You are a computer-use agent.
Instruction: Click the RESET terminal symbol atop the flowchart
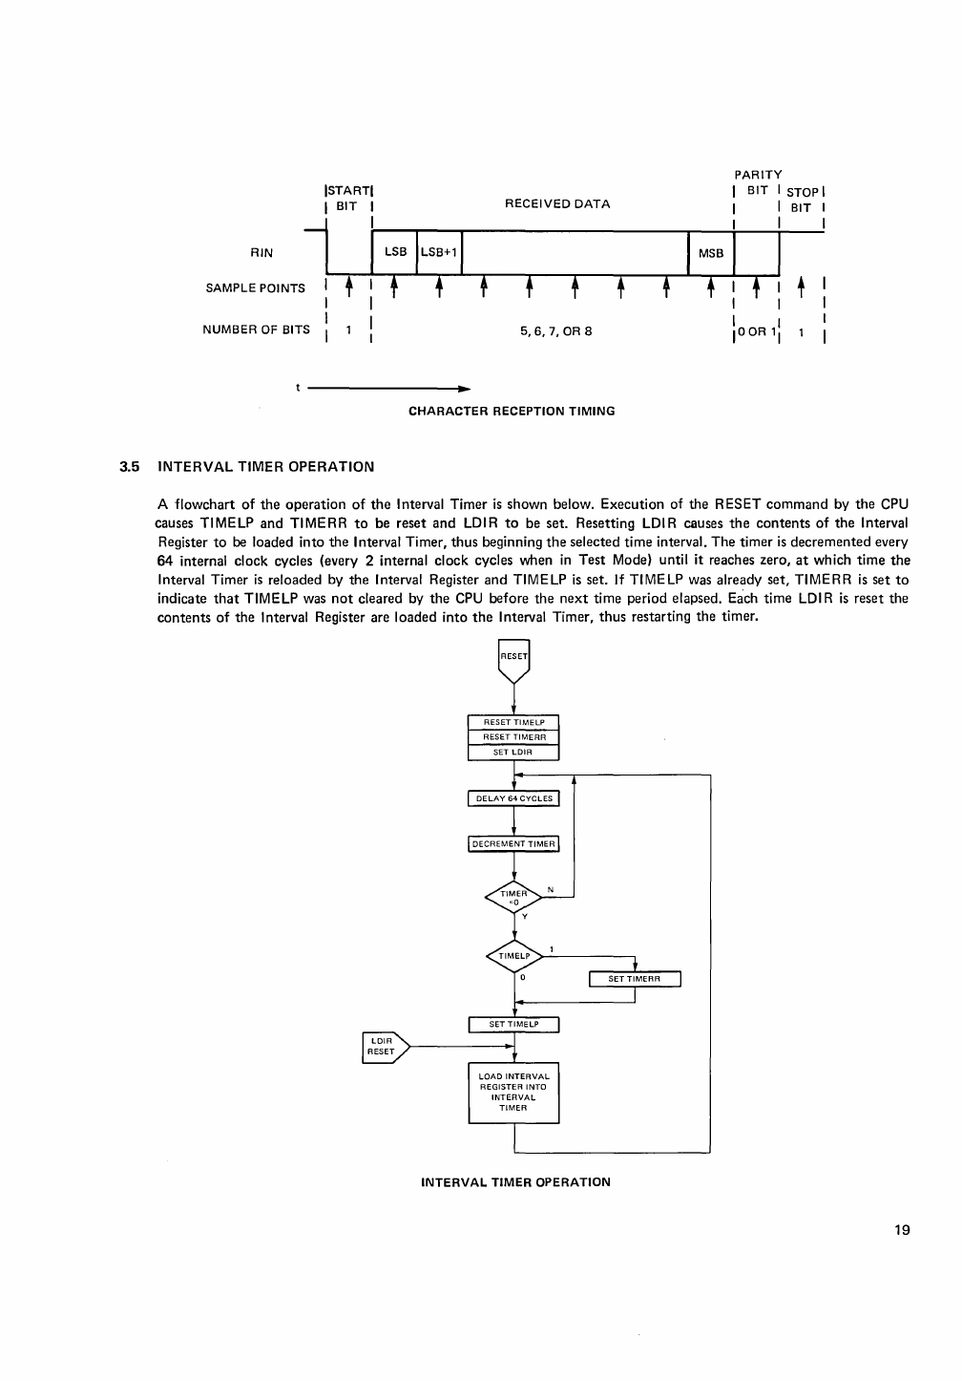pyautogui.click(x=513, y=658)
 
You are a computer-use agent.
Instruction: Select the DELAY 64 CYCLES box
pyautogui.click(x=513, y=798)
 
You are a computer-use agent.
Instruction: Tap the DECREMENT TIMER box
pyautogui.click(x=513, y=843)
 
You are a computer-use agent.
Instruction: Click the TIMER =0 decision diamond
pyautogui.click(x=513, y=897)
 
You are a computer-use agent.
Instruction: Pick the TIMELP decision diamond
pyautogui.click(x=513, y=955)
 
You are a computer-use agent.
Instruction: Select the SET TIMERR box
pyautogui.click(x=635, y=979)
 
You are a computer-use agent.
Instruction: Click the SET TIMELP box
pyautogui.click(x=513, y=1025)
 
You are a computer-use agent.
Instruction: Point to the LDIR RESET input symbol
pyautogui.click(x=385, y=1047)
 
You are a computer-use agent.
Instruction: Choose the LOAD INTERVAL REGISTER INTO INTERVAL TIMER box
pyautogui.click(x=513, y=1092)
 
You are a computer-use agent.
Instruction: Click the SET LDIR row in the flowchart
pyautogui.click(x=513, y=752)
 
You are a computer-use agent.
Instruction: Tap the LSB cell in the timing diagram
pyautogui.click(x=395, y=253)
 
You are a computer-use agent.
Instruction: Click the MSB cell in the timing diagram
pyautogui.click(x=711, y=253)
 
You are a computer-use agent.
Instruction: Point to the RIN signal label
pyautogui.click(x=261, y=253)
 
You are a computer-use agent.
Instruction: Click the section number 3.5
pyautogui.click(x=130, y=467)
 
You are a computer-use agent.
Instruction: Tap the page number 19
pyautogui.click(x=903, y=1230)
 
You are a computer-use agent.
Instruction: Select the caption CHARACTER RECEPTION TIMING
pyautogui.click(x=512, y=412)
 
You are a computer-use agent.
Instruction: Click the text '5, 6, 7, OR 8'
pyautogui.click(x=556, y=331)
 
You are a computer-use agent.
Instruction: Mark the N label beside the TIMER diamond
pyautogui.click(x=551, y=890)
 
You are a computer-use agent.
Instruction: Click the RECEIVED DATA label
pyautogui.click(x=556, y=203)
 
